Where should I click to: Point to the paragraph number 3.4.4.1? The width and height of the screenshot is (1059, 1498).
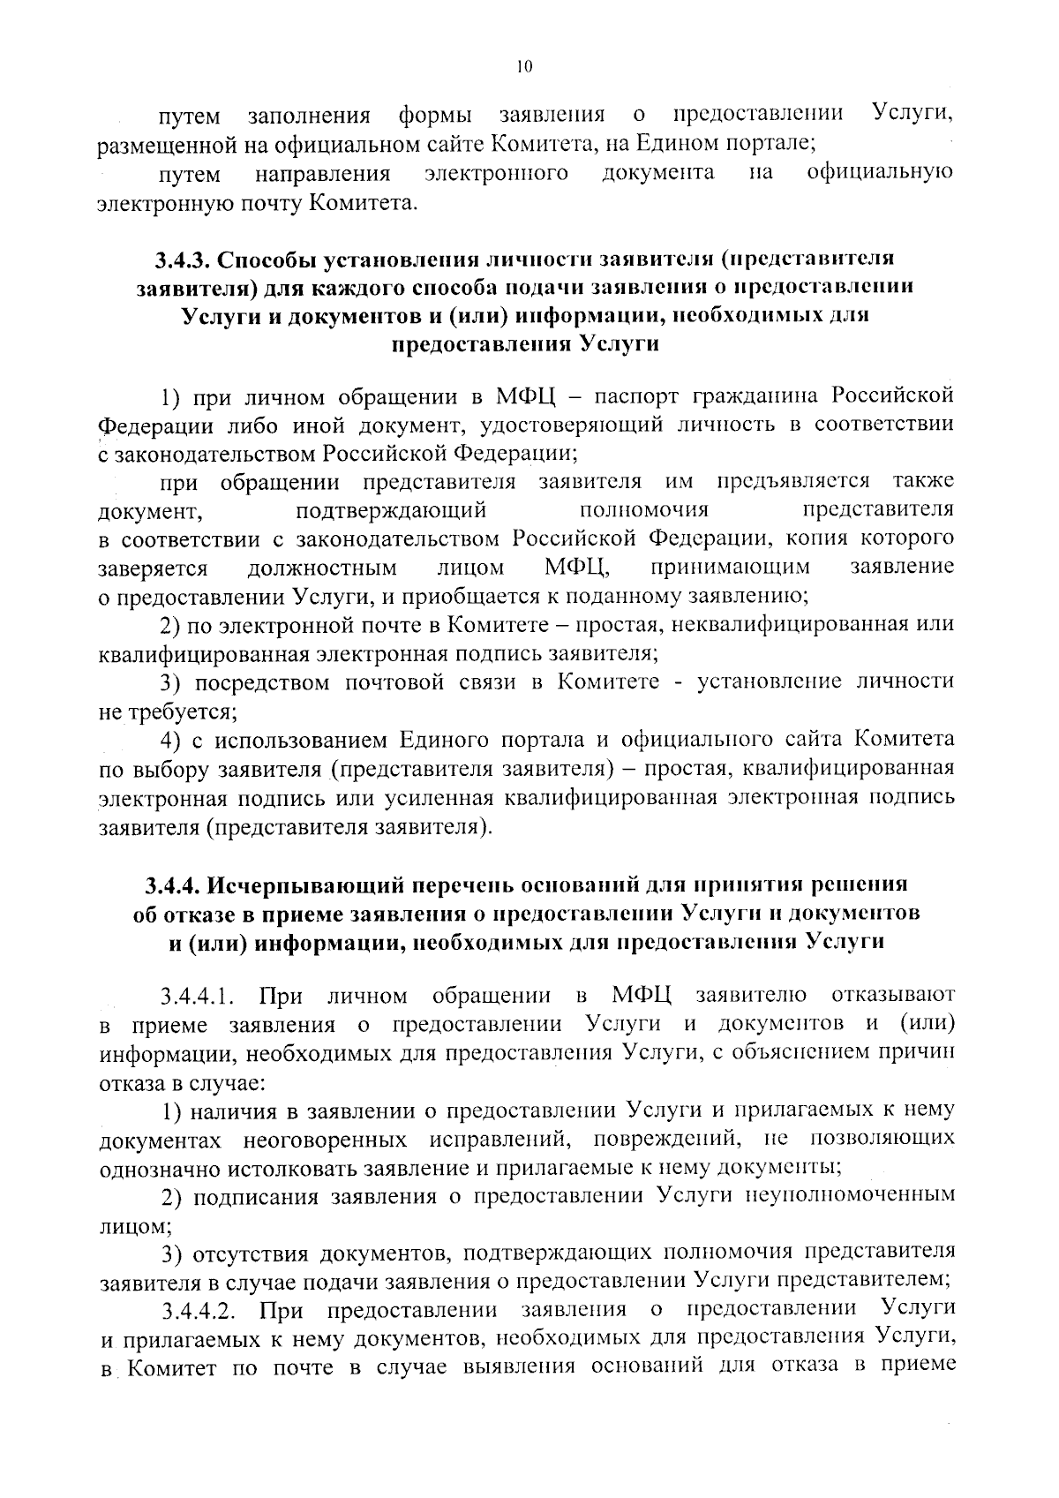197,997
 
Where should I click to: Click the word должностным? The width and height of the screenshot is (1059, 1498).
322,567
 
